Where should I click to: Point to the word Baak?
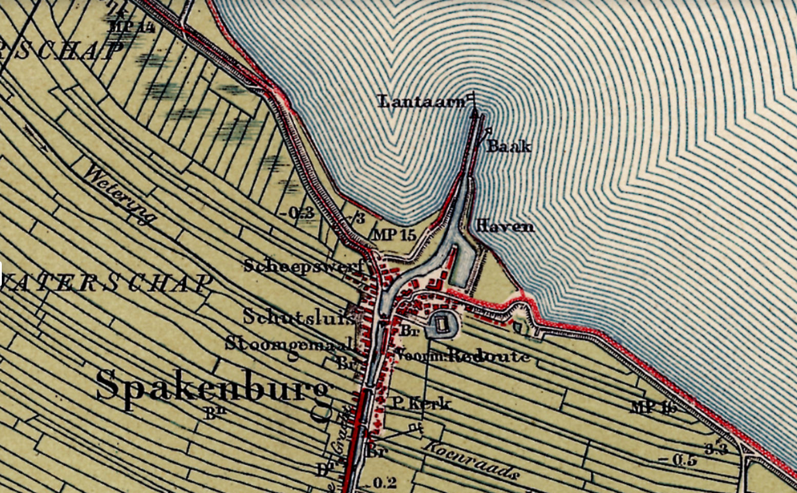click(509, 147)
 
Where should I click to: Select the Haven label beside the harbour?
click(505, 227)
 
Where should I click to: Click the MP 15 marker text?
click(394, 236)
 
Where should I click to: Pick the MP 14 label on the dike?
click(130, 25)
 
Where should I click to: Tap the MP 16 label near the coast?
click(653, 407)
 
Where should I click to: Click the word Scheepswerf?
click(303, 266)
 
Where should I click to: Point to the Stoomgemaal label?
click(288, 343)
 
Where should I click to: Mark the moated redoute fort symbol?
click(442, 326)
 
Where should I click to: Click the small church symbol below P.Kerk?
click(416, 428)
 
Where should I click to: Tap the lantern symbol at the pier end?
click(473, 99)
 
